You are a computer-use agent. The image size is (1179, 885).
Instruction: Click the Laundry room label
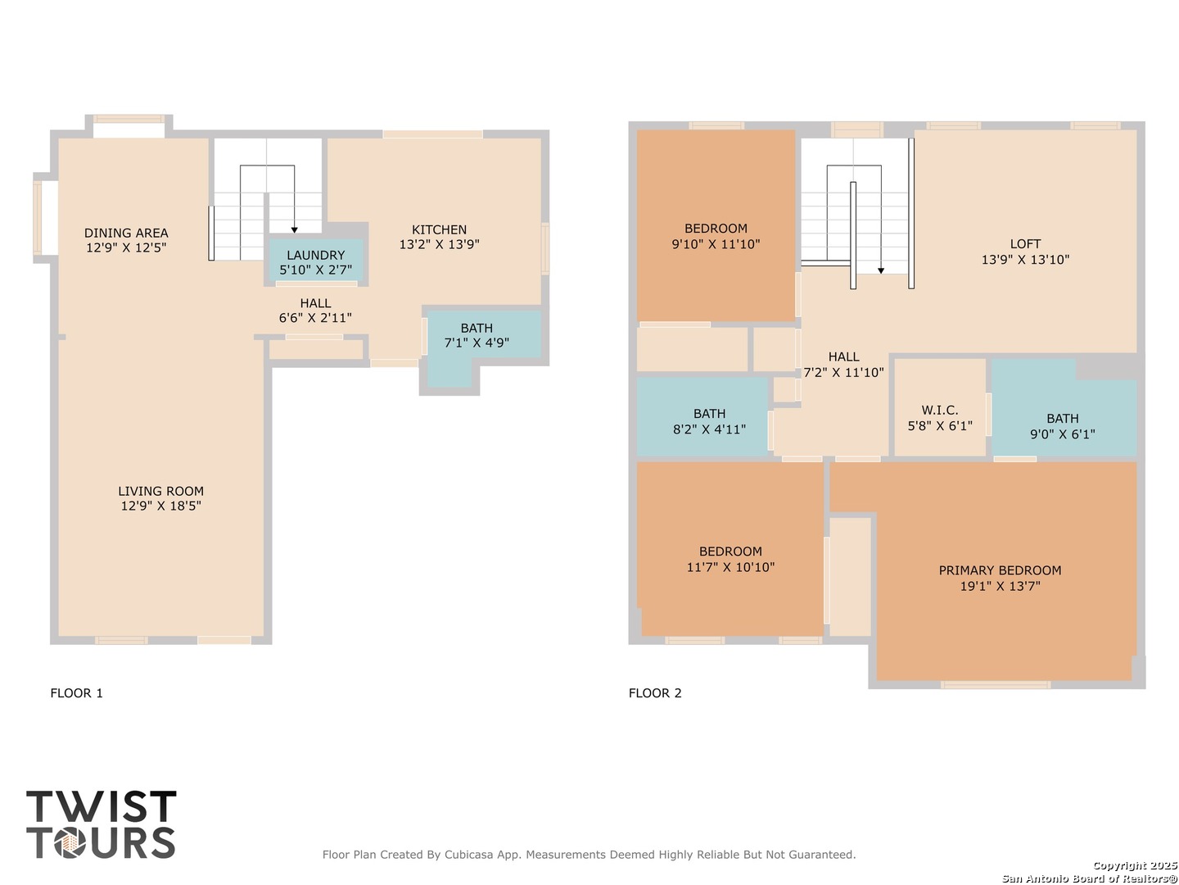pyautogui.click(x=315, y=255)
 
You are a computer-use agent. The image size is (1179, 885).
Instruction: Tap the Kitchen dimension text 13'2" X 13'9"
pyautogui.click(x=439, y=244)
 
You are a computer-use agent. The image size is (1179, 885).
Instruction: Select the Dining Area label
pyautogui.click(x=126, y=233)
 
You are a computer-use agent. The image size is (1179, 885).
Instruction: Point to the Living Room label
pyautogui.click(x=160, y=491)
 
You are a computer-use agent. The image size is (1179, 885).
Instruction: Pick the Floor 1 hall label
pyautogui.click(x=315, y=303)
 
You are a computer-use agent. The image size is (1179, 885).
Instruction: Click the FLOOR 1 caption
pyautogui.click(x=76, y=693)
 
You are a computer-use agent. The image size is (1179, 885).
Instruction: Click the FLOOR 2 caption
pyautogui.click(x=655, y=693)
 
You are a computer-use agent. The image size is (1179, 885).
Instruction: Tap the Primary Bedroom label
pyautogui.click(x=1000, y=570)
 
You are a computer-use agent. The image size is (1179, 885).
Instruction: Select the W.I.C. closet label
pyautogui.click(x=939, y=410)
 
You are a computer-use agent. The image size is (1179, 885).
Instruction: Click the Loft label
pyautogui.click(x=1025, y=244)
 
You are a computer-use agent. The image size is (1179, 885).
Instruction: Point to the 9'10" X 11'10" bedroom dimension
pyautogui.click(x=716, y=244)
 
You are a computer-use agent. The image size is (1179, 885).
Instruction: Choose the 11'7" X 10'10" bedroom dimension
pyautogui.click(x=730, y=567)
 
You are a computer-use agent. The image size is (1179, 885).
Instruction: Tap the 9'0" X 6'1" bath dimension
pyautogui.click(x=1062, y=434)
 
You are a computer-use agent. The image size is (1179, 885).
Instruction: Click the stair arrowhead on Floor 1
pyautogui.click(x=295, y=230)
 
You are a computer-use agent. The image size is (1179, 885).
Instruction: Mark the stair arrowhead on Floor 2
pyautogui.click(x=881, y=270)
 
